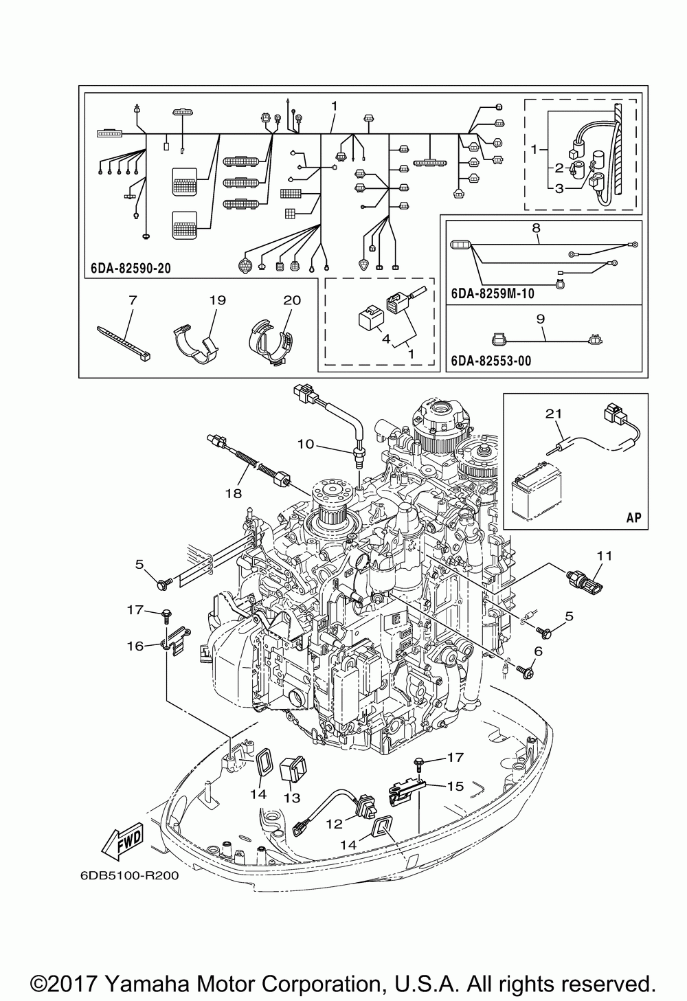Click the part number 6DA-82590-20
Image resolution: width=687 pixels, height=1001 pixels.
point(131,268)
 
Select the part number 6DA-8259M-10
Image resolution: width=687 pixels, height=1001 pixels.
point(492,293)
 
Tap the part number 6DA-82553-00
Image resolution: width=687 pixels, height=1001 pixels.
point(491,361)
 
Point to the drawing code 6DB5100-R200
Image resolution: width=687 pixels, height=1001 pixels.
point(130,875)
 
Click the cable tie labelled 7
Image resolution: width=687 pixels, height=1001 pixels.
point(124,344)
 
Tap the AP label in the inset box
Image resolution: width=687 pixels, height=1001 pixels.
point(634,517)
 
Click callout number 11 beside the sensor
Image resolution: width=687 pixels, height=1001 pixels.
point(604,556)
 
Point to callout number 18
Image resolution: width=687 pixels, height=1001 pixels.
point(234,493)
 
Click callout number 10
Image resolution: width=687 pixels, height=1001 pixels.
point(306,445)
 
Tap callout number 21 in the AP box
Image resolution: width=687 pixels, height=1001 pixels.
point(553,414)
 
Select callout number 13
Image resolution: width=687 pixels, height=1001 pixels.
point(293,798)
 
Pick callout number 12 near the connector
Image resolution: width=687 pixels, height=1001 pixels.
point(334,824)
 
